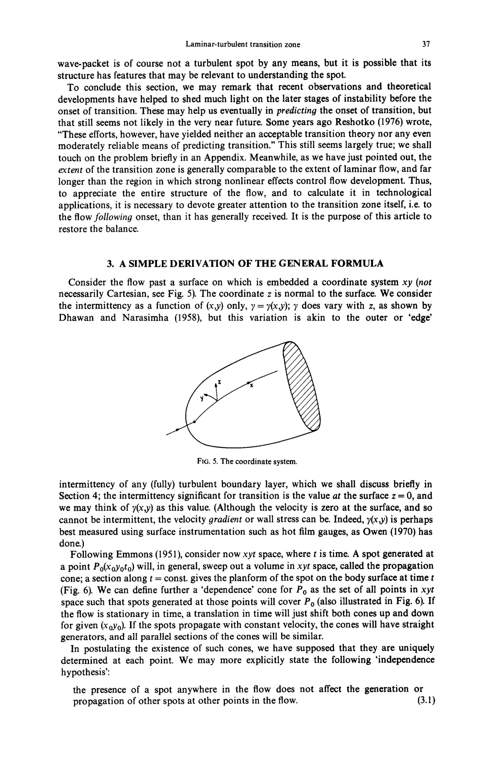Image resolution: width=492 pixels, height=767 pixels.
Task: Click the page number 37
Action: click(x=426, y=44)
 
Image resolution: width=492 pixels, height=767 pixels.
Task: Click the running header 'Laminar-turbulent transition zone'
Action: click(x=243, y=44)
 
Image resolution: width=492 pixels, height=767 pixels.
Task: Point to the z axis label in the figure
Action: click(x=220, y=382)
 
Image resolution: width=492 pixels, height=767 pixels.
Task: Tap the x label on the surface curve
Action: click(x=252, y=386)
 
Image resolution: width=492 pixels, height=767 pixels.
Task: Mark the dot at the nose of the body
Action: click(x=194, y=422)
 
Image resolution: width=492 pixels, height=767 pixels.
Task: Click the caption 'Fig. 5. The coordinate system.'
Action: click(x=247, y=462)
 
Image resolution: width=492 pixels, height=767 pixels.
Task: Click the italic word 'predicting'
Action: click(x=296, y=111)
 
